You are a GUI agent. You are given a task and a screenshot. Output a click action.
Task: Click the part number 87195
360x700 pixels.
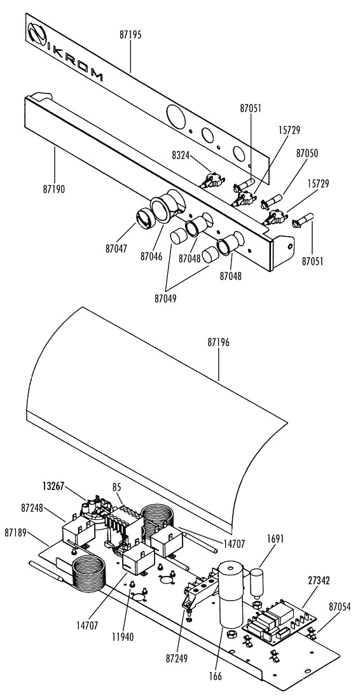pos(130,35)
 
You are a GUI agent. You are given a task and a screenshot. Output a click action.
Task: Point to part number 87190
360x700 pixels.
pos(53,189)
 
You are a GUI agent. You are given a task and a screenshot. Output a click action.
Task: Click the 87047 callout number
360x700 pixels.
pos(117,249)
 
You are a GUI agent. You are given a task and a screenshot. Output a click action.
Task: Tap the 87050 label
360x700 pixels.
pos(307,153)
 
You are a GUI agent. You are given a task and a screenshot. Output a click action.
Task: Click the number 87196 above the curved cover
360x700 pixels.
pos(219,343)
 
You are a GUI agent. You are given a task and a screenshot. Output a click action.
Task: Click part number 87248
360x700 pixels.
pos(32,508)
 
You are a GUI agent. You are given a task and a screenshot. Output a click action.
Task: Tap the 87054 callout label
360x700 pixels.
pos(340,606)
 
